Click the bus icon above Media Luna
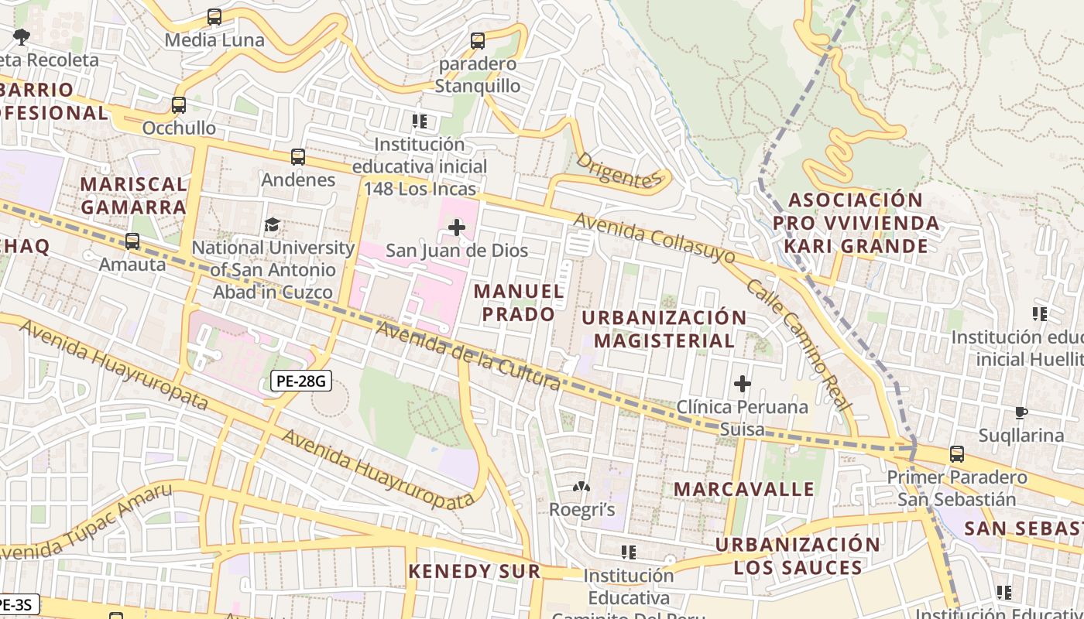[214, 16]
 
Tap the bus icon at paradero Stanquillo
[478, 41]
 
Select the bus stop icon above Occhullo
[179, 104]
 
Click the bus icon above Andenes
[298, 157]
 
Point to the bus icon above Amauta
[132, 241]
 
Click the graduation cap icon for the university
[273, 225]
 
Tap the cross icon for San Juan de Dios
[457, 227]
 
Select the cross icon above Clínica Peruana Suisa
[743, 383]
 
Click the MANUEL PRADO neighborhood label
[519, 303]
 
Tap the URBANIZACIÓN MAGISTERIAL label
[664, 329]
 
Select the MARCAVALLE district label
[743, 489]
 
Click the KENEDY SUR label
[474, 571]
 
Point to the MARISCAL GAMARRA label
[134, 196]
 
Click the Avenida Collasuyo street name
[655, 238]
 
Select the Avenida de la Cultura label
[468, 356]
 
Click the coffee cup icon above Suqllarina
[1021, 412]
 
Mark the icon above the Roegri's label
[581, 487]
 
